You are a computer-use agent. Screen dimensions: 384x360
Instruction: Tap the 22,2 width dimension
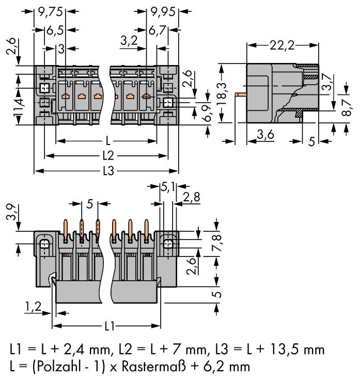281,45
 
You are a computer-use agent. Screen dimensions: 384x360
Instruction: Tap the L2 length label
107,155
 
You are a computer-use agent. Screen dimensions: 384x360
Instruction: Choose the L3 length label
107,171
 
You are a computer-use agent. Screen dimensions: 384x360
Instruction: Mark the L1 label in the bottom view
107,326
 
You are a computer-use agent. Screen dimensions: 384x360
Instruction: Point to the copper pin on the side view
240,95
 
